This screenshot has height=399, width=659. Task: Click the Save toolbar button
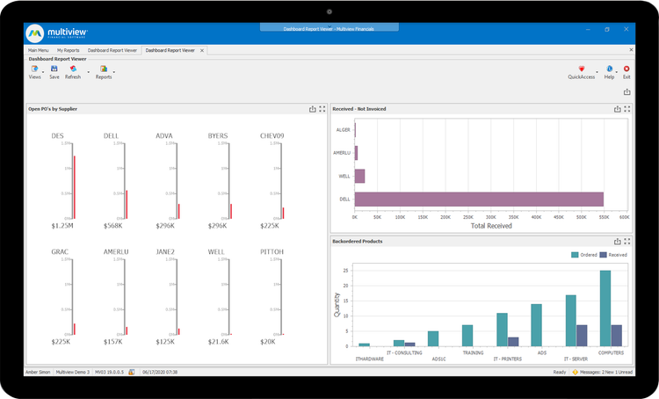[x=54, y=71]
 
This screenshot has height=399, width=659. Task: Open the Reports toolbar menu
[x=104, y=71]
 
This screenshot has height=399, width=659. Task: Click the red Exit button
[x=626, y=71]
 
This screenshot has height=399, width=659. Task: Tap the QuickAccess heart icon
[x=582, y=69]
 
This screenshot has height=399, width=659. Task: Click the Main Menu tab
[x=39, y=50]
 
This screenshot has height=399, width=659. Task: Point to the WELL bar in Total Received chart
[x=359, y=176]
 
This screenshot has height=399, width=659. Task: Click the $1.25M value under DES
[x=63, y=226]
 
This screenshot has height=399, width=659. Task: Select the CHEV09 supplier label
[x=272, y=136]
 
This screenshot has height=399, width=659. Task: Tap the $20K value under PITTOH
[x=272, y=341]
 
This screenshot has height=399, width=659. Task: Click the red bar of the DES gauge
[x=75, y=186]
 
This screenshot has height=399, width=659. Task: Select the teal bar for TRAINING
[x=467, y=335]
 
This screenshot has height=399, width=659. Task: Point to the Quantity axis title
[x=336, y=304]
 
